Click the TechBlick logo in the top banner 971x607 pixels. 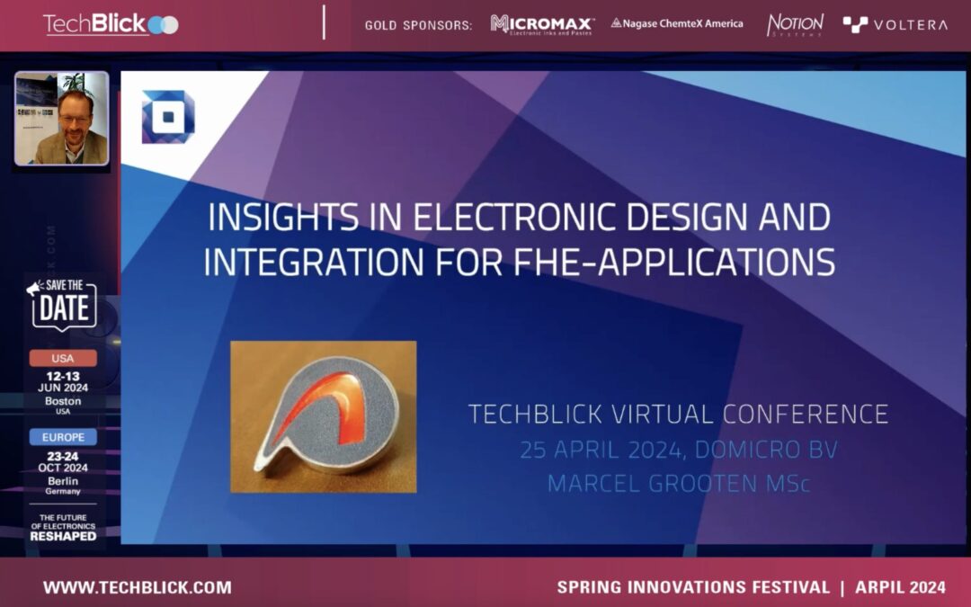tap(110, 24)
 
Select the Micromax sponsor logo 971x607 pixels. tap(541, 24)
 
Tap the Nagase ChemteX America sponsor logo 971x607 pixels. tap(676, 23)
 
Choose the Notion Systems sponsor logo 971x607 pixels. tap(795, 24)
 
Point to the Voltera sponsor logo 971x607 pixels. tap(895, 24)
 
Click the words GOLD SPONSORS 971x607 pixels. tap(418, 25)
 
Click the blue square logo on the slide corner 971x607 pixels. tap(167, 117)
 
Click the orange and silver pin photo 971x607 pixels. tap(323, 416)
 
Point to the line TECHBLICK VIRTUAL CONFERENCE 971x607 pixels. tap(678, 415)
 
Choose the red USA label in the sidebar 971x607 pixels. tap(63, 358)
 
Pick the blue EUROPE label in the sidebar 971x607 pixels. tap(63, 437)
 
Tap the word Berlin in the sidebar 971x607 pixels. tap(63, 480)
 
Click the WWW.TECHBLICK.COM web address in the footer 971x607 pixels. tap(137, 587)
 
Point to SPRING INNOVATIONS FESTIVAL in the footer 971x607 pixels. tap(692, 587)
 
